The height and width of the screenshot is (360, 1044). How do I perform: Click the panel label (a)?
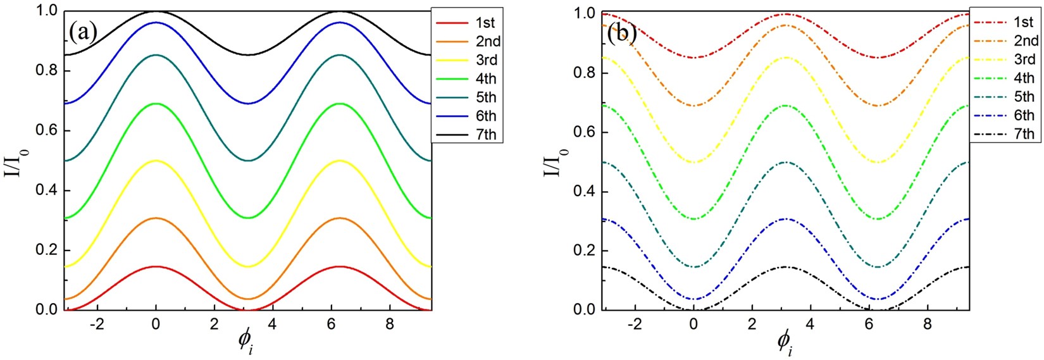coord(83,32)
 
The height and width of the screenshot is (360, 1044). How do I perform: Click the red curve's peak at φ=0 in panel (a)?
coord(156,266)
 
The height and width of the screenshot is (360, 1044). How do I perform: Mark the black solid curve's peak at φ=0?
coord(156,11)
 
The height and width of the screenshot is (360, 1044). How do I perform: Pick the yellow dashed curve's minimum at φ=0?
coord(694,162)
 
